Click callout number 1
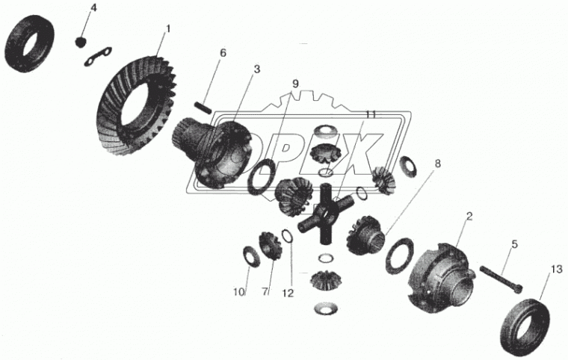tap(167, 28)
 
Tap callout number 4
tap(93, 7)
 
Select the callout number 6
tap(223, 53)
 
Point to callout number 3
tap(257, 69)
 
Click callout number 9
tap(295, 84)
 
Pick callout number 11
tap(370, 115)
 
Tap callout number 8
tap(438, 164)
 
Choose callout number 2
tap(469, 217)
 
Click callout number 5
tap(514, 244)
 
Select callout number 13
tap(557, 269)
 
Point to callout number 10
tap(239, 292)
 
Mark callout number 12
tap(288, 293)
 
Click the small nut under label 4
tap(81, 42)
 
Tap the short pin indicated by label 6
tap(203, 108)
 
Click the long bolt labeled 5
tap(501, 279)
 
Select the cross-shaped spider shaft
tap(325, 215)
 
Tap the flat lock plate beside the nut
tap(98, 57)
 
